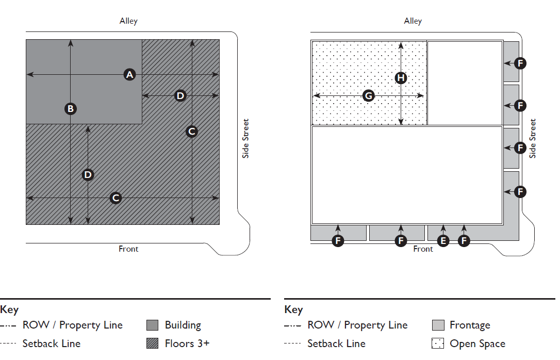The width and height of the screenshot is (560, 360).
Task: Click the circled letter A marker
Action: coord(129,75)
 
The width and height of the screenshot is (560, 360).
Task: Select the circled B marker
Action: coord(71,109)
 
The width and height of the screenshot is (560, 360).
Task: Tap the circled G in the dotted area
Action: coord(368,95)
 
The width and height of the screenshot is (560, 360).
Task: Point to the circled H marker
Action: coord(401,78)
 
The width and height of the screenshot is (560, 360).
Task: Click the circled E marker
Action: coord(443,240)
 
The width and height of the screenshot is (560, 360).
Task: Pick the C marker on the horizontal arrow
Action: coord(116,198)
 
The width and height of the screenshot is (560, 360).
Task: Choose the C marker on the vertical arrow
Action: coord(192,132)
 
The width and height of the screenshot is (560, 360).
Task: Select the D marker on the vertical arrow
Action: coord(88,175)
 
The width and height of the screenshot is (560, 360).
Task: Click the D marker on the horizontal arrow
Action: coord(180,95)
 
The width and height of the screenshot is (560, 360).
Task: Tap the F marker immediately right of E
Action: coord(465,240)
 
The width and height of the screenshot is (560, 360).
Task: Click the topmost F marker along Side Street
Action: coord(520,63)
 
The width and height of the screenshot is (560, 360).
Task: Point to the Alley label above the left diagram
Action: coord(128,21)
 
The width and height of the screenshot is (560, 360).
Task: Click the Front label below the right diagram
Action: coord(423,249)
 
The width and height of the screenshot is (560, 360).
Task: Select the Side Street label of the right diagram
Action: coord(533,138)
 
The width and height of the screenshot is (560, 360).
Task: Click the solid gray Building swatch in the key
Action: coord(152,325)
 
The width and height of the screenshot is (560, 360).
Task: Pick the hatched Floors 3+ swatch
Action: coord(152,343)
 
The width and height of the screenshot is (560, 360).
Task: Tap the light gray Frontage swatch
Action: coord(438,325)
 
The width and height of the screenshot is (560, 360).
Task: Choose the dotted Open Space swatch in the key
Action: coord(438,343)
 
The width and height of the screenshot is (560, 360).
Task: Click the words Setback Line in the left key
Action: coord(51,343)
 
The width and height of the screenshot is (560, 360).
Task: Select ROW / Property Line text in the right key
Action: coord(357,325)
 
